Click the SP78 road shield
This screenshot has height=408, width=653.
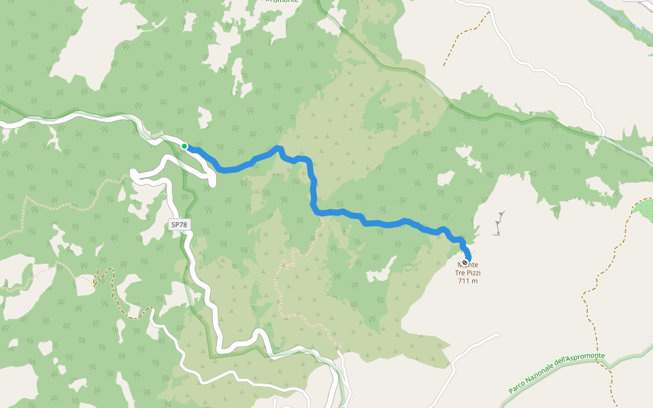[x=179, y=224]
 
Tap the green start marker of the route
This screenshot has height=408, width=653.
[x=184, y=146]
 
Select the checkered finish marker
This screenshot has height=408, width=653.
[x=465, y=262]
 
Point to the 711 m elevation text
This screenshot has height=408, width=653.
[x=467, y=281]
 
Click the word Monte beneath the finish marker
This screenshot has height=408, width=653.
[x=468, y=265]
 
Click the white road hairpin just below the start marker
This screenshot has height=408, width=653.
[x=211, y=177]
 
